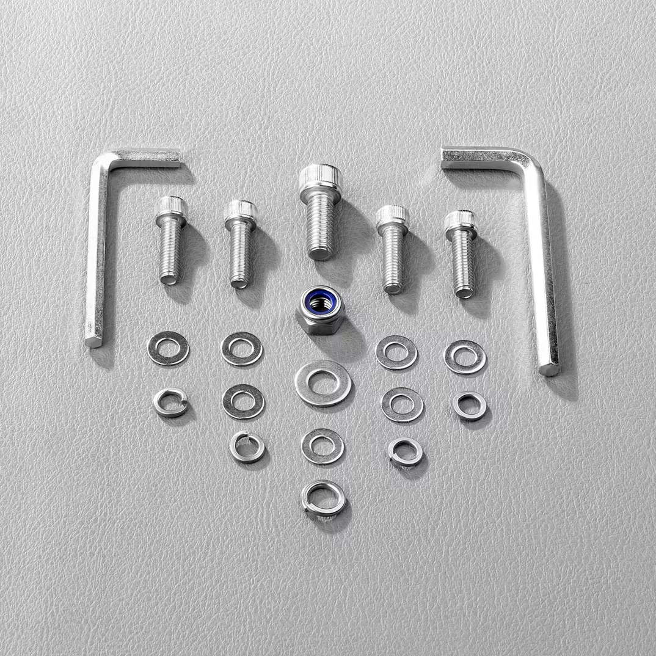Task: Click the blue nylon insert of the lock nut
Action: pyautogui.click(x=319, y=300)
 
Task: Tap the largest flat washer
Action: pyautogui.click(x=323, y=383)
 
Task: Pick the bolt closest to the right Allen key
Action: pyautogui.click(x=462, y=253)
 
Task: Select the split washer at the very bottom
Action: pyautogui.click(x=323, y=497)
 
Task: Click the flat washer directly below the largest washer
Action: pyautogui.click(x=323, y=446)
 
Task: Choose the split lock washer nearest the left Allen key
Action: pyautogui.click(x=170, y=403)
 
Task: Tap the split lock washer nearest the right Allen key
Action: pyautogui.click(x=470, y=405)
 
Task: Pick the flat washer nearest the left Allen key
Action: pyautogui.click(x=168, y=348)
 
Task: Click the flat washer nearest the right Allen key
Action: pyautogui.click(x=465, y=357)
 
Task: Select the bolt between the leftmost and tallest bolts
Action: pyautogui.click(x=240, y=244)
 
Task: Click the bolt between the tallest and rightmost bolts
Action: pyautogui.click(x=393, y=250)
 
